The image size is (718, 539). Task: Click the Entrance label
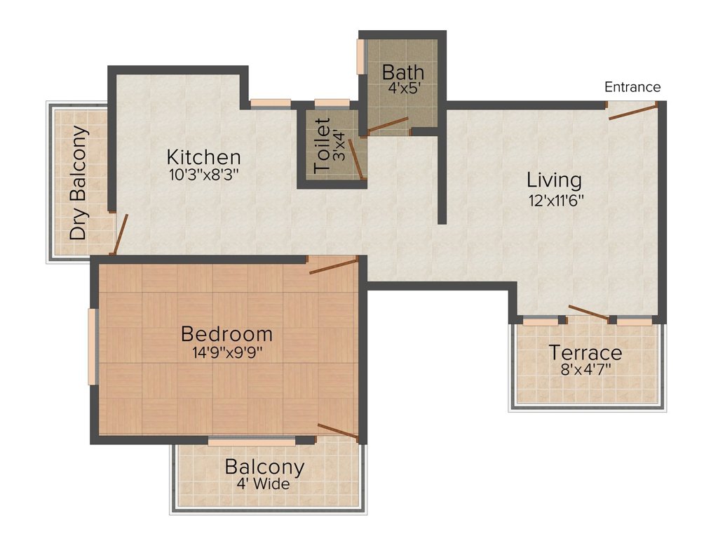pyautogui.click(x=632, y=87)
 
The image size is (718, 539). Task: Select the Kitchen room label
pyautogui.click(x=203, y=157)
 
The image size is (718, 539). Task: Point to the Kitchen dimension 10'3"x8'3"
pyautogui.click(x=203, y=175)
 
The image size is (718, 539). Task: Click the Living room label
pyautogui.click(x=554, y=180)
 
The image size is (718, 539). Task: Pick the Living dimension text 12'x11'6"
pyautogui.click(x=555, y=199)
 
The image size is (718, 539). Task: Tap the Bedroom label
pyautogui.click(x=226, y=333)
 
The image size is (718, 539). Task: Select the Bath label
pyautogui.click(x=403, y=72)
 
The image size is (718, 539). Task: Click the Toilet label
pyautogui.click(x=323, y=147)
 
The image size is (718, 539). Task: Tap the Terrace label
pyautogui.click(x=585, y=352)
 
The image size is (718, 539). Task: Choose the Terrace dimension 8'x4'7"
pyautogui.click(x=585, y=369)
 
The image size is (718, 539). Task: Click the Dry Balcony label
pyautogui.click(x=79, y=182)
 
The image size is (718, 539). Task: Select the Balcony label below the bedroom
pyautogui.click(x=264, y=467)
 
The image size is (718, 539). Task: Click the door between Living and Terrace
pyautogui.click(x=588, y=313)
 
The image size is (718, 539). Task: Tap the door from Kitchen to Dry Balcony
pyautogui.click(x=121, y=234)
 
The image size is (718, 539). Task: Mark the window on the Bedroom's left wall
pyautogui.click(x=91, y=347)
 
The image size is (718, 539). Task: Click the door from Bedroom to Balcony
pyautogui.click(x=338, y=432)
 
